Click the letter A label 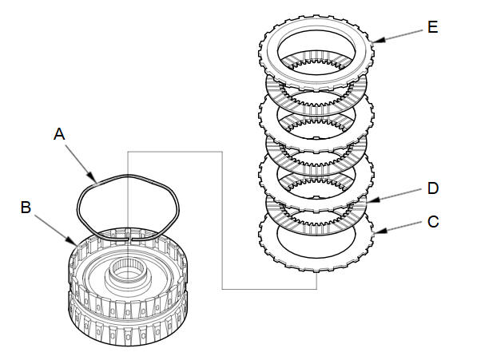coord(59,135)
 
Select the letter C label coord(432,221)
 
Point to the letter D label coord(432,188)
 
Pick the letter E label coord(432,27)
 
